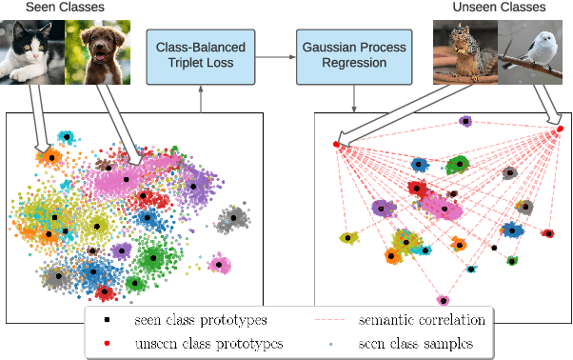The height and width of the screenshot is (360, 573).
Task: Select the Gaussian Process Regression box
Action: pyautogui.click(x=353, y=56)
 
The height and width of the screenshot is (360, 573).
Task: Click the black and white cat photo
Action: pyautogui.click(x=33, y=51)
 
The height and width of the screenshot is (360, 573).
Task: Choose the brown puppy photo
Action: pyautogui.click(x=96, y=51)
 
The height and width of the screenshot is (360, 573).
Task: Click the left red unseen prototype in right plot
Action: pyautogui.click(x=336, y=145)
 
